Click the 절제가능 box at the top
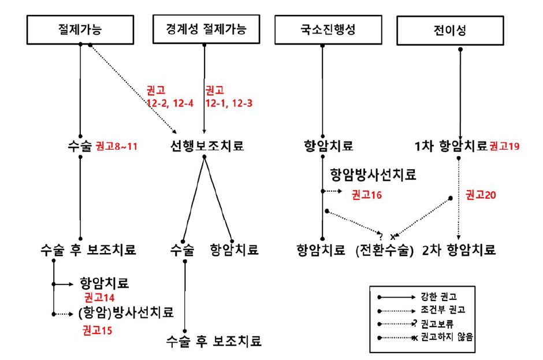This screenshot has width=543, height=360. click(x=80, y=29)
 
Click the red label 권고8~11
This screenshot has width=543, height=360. click(x=116, y=146)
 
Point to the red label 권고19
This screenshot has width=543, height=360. click(x=504, y=146)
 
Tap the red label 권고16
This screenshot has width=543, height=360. click(x=366, y=195)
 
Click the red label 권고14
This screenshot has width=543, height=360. click(x=99, y=298)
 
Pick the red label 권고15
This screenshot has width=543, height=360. click(x=97, y=331)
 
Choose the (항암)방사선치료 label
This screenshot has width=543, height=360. click(x=125, y=314)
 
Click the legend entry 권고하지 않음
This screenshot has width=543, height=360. click(x=448, y=336)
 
